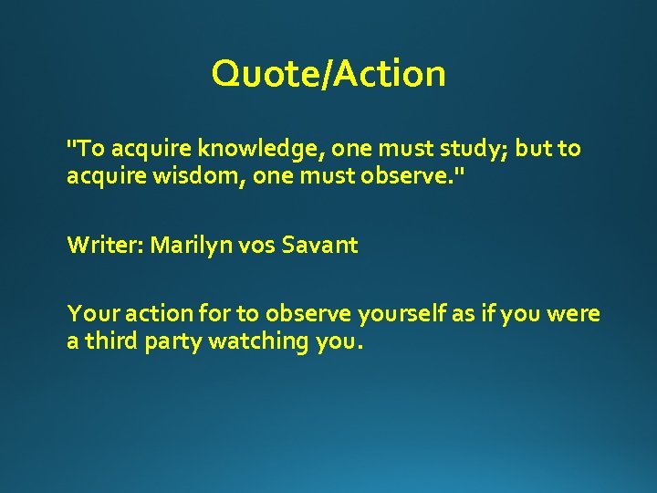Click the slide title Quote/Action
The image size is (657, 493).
coord(328,74)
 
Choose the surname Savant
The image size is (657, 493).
coord(320,245)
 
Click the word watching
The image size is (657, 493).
coord(259,341)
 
